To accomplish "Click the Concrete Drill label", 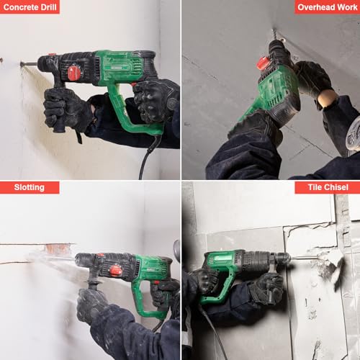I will coord(30,7).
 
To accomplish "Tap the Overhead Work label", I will coord(327,7).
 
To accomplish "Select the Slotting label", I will coord(29,187).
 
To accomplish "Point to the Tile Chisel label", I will coord(327,187).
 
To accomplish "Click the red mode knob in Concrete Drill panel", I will coord(73,72).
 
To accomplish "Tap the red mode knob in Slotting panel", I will coord(115,270).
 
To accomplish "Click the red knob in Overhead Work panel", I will coord(264,63).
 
